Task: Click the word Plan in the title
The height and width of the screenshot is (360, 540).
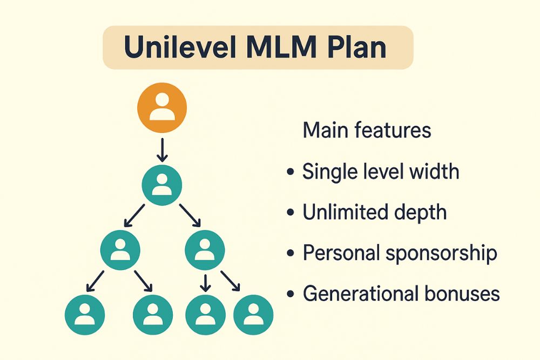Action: [357, 47]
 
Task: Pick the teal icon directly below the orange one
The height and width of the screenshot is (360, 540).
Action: [162, 185]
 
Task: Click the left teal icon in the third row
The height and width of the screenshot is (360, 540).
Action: [120, 250]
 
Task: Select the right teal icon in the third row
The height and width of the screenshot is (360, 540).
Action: [205, 250]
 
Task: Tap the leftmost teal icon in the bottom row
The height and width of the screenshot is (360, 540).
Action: [85, 314]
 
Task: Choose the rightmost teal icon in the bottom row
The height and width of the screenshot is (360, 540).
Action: [253, 314]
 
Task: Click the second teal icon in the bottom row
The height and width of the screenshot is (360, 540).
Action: [153, 314]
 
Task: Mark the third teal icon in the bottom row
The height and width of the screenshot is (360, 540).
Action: [205, 314]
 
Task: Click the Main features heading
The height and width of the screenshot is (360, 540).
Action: [367, 131]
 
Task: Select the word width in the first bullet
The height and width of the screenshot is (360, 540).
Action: [434, 172]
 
